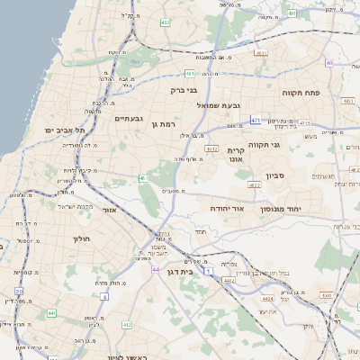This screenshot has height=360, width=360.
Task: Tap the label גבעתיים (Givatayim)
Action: [130, 118]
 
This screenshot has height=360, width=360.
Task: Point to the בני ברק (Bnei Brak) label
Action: [184, 90]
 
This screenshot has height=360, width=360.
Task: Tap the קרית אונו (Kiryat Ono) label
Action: [236, 156]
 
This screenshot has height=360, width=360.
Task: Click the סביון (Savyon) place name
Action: [275, 175]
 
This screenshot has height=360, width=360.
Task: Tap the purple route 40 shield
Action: [329, 63]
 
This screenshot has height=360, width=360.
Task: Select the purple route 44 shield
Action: [156, 269]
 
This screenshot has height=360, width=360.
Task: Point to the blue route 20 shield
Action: [19, 292]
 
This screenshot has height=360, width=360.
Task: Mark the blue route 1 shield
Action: [208, 270]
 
